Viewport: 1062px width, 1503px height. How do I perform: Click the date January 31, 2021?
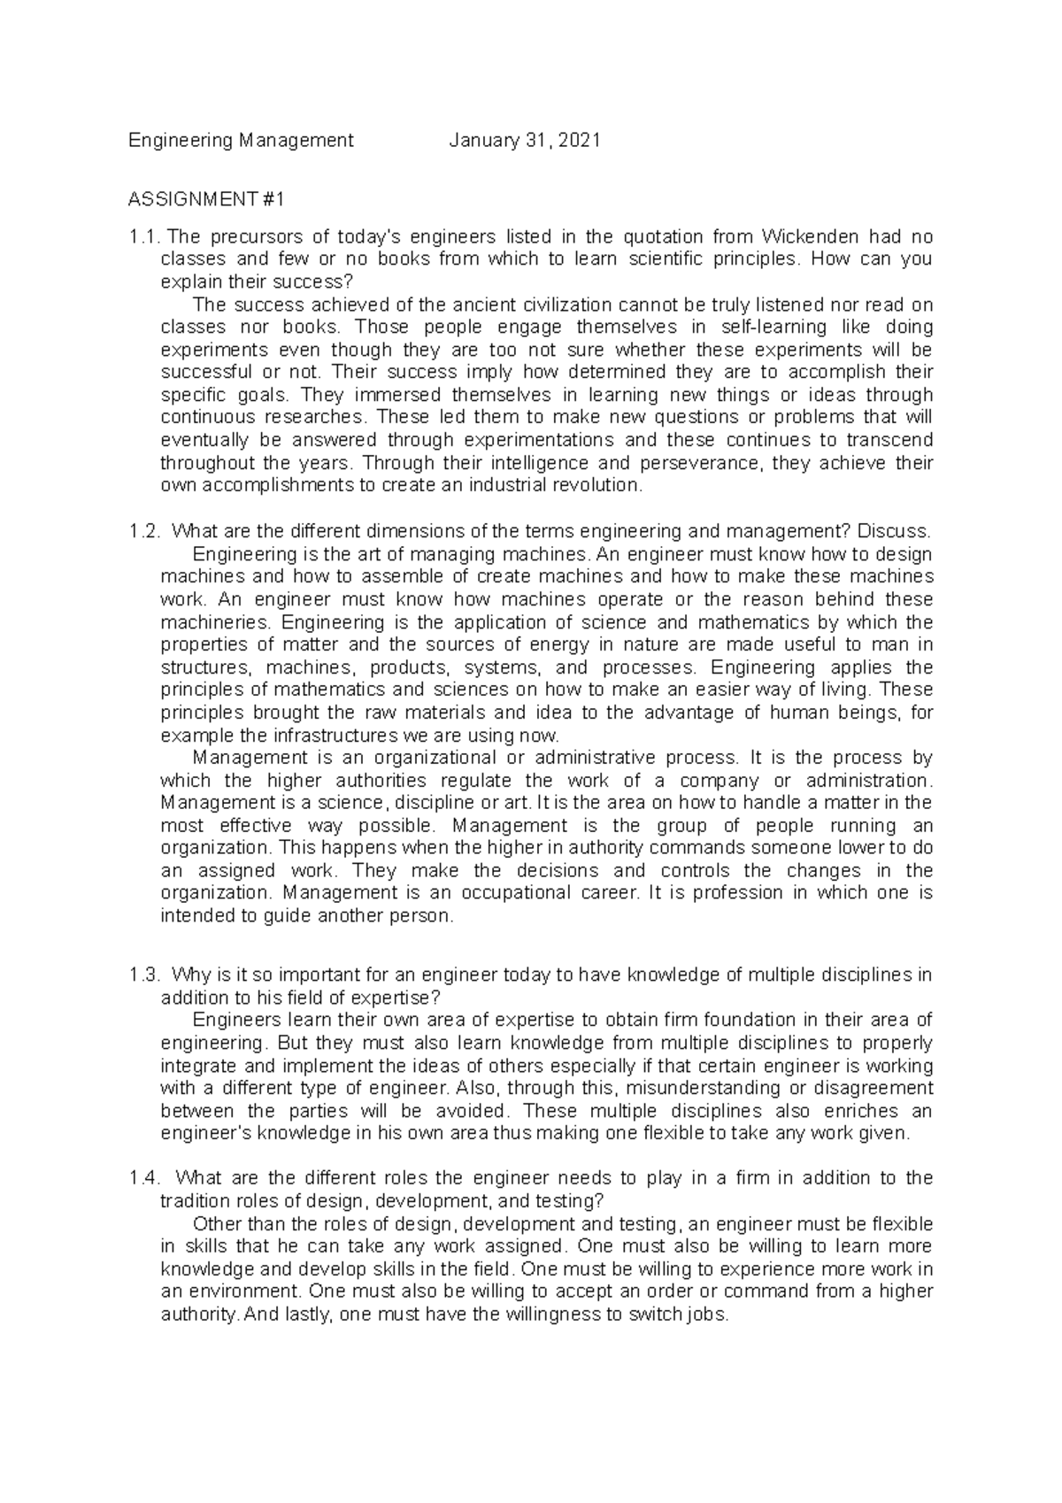tap(525, 140)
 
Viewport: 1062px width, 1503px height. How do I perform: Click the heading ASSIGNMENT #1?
tap(206, 200)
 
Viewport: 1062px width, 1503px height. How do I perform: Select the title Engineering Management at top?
tap(241, 140)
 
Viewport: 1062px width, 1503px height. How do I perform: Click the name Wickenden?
tap(809, 237)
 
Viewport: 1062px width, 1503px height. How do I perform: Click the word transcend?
tap(893, 440)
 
